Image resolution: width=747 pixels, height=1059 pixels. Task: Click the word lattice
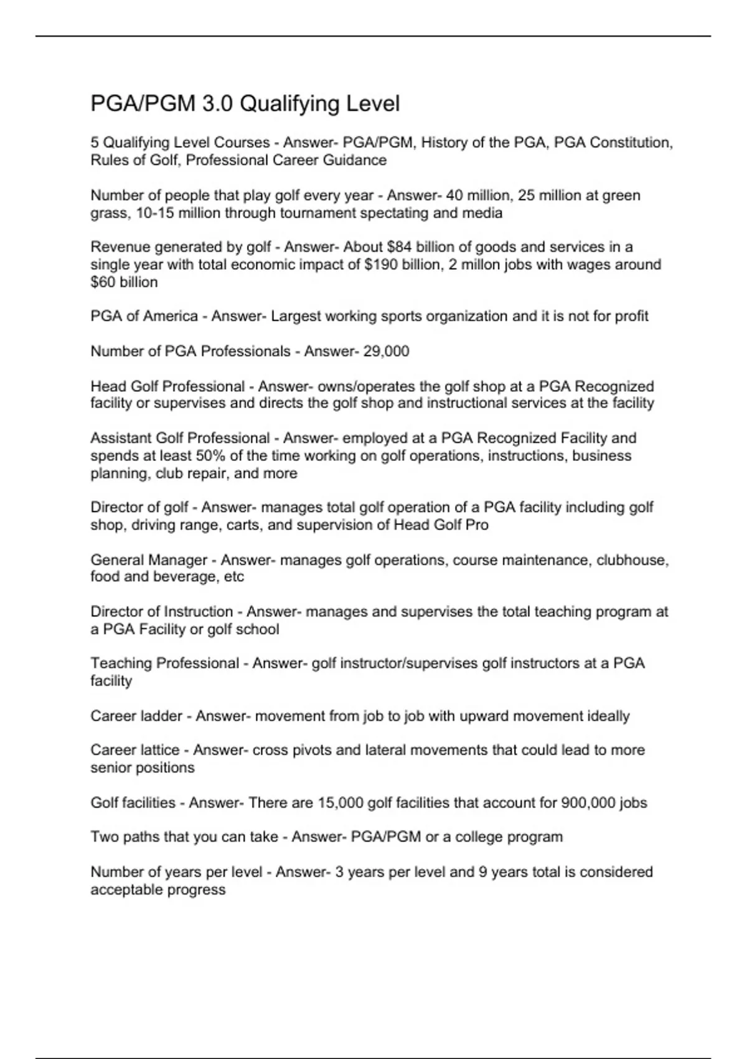point(159,750)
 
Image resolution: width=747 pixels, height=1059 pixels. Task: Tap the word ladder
point(161,716)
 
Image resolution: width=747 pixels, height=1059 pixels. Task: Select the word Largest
point(296,316)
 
